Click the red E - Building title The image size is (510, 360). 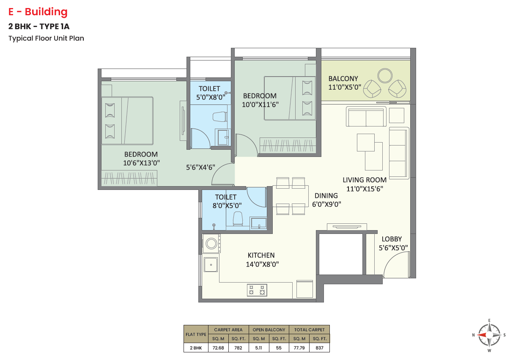click(x=38, y=12)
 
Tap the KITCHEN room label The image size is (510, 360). click(x=261, y=255)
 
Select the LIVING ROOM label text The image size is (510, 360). click(x=365, y=180)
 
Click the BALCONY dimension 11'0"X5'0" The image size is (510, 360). click(x=345, y=87)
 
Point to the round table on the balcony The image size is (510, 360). click(x=385, y=76)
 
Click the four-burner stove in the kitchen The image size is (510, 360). click(x=257, y=290)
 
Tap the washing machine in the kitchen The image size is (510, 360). click(x=211, y=243)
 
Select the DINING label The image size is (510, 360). click(x=326, y=195)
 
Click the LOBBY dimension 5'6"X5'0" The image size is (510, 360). click(x=393, y=248)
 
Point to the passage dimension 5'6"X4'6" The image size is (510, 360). click(x=200, y=168)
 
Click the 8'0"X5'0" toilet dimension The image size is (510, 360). click(x=227, y=206)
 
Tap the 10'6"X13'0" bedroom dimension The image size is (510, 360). click(x=141, y=163)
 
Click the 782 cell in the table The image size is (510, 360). click(x=238, y=348)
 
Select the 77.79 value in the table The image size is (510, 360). click(x=299, y=348)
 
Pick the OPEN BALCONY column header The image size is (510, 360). click(x=269, y=330)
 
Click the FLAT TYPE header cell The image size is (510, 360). click(x=196, y=334)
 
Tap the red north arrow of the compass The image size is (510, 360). click(x=482, y=335)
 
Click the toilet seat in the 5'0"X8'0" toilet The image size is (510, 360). click(x=220, y=117)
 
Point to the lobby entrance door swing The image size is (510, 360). click(x=396, y=264)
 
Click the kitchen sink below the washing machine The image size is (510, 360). click(x=211, y=264)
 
